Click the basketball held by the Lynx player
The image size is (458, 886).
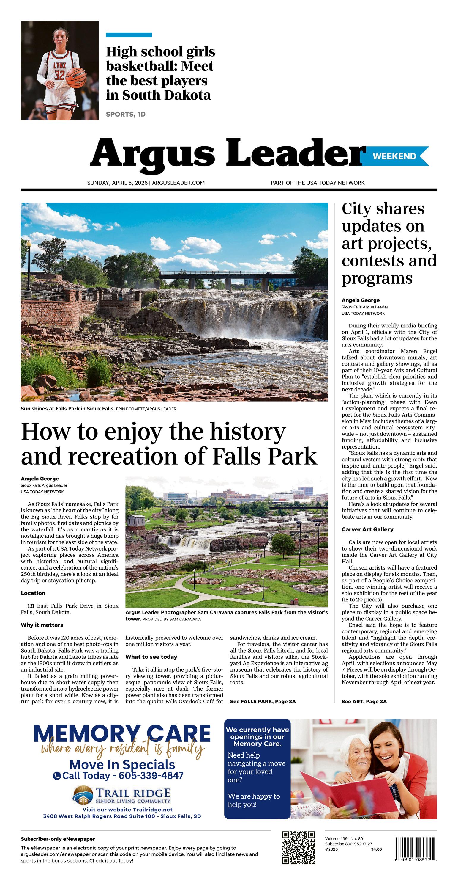click(75, 77)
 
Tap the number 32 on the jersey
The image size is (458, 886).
click(59, 75)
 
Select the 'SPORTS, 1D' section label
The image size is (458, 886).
click(125, 114)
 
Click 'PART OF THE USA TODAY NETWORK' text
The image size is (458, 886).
click(318, 183)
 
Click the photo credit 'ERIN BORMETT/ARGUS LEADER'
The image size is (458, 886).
click(146, 409)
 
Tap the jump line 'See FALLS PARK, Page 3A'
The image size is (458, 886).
click(263, 701)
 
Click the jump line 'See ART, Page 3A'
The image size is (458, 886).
click(364, 701)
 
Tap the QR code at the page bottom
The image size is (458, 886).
click(299, 847)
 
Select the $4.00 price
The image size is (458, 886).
click(376, 849)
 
